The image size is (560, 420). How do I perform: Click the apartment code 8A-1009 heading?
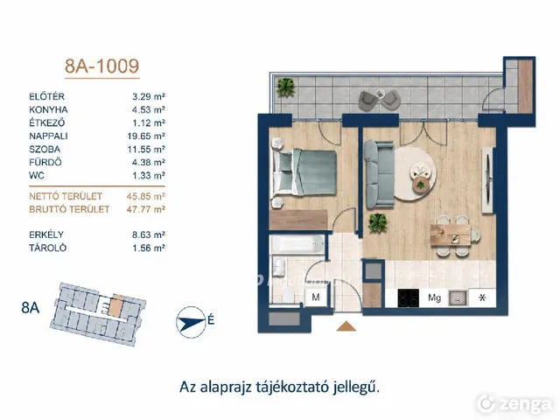click(101, 66)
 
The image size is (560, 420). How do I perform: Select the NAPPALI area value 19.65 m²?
click(146, 136)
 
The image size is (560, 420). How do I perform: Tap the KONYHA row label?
click(48, 109)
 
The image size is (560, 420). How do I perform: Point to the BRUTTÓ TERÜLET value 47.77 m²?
click(146, 209)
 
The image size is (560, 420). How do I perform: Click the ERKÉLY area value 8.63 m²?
click(149, 234)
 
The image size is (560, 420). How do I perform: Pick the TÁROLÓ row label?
click(48, 248)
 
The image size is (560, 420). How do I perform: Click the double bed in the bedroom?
click(304, 172)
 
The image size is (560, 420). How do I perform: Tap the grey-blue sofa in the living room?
click(379, 174)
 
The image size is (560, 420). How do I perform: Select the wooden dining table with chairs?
click(453, 235)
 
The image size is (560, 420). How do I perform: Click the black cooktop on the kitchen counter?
click(409, 297)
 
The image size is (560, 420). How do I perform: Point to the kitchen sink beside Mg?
click(458, 297)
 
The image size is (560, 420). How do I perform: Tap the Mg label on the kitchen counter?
click(434, 297)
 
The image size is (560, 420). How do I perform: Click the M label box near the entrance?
click(316, 297)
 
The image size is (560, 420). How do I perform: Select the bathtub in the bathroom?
click(297, 245)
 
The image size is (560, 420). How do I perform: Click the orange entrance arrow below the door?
click(346, 326)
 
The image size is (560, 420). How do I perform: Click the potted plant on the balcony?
click(286, 87)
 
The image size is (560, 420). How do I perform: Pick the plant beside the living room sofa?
click(378, 223)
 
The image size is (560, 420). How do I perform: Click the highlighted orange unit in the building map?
click(115, 306)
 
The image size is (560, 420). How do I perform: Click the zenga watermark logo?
click(515, 404)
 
